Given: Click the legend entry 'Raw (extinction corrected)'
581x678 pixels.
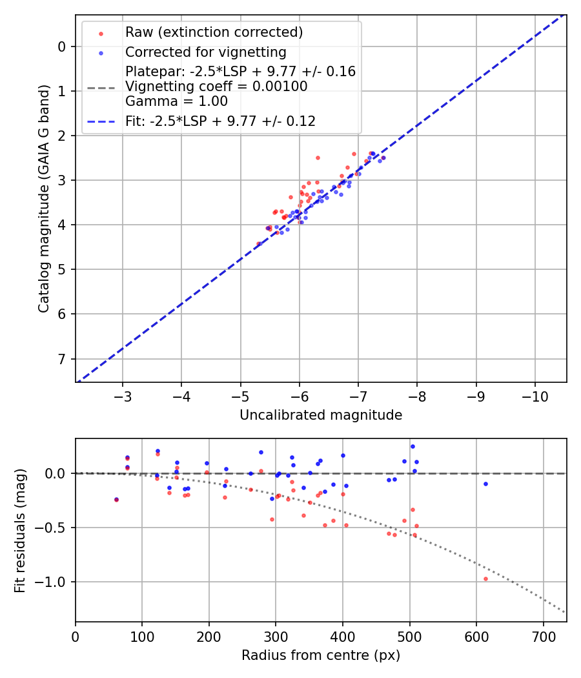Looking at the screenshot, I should pyautogui.click(x=214, y=32).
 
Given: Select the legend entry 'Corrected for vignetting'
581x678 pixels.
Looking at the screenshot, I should pyautogui.click(x=205, y=52).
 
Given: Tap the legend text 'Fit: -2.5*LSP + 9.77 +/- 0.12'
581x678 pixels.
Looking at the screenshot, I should pyautogui.click(x=220, y=121).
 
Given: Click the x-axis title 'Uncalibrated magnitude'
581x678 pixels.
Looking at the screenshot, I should pyautogui.click(x=321, y=415).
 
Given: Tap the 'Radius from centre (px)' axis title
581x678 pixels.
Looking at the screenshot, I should pyautogui.click(x=321, y=655).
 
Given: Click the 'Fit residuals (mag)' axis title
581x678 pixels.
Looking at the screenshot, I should pyautogui.click(x=20, y=529).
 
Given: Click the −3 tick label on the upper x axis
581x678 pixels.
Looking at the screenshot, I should pyautogui.click(x=123, y=395).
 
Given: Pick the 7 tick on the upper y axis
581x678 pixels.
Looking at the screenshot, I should pyautogui.click(x=63, y=358).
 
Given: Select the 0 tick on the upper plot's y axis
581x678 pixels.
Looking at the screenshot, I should pyautogui.click(x=63, y=46).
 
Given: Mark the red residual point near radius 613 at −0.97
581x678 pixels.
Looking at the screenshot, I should pyautogui.click(x=485, y=579).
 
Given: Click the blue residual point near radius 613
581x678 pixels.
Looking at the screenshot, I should pyautogui.click(x=485, y=484).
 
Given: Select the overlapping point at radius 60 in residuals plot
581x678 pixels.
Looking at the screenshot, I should pyautogui.click(x=116, y=499).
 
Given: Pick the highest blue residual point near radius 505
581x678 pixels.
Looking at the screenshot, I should pyautogui.click(x=413, y=446).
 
